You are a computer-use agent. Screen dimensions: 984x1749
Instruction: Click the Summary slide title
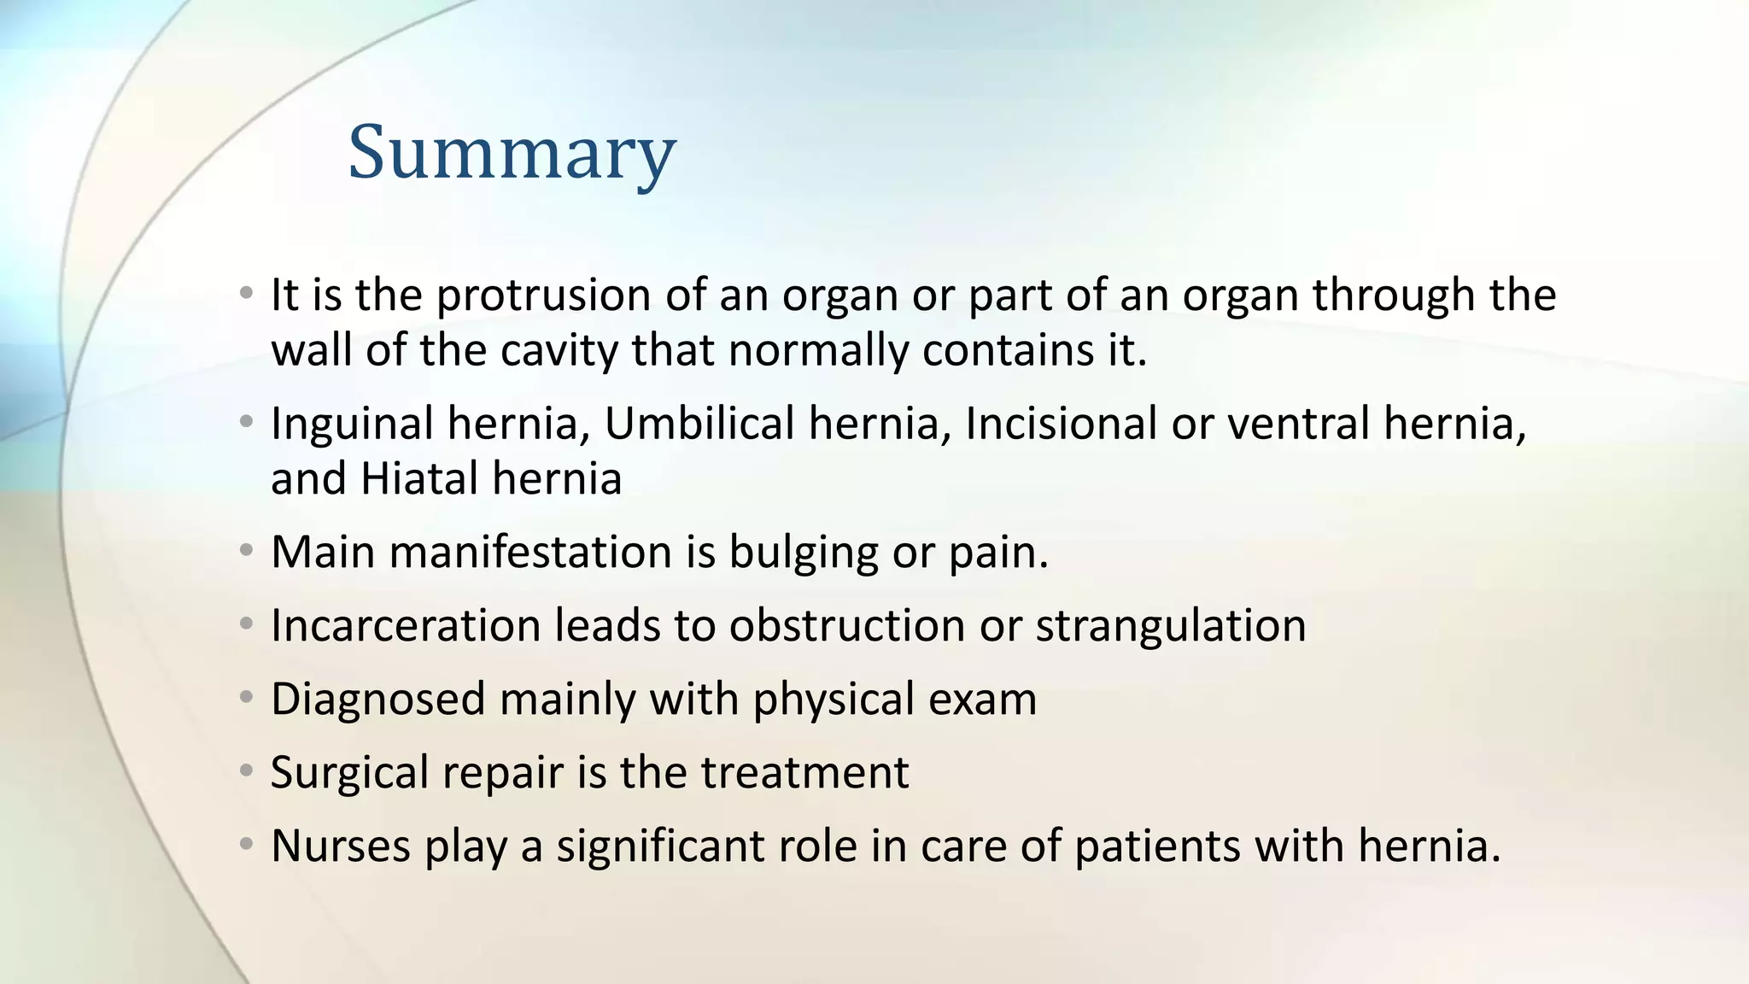(x=512, y=152)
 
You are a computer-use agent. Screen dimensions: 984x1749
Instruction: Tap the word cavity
(x=559, y=350)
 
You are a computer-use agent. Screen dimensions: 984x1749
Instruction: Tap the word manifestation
(x=530, y=552)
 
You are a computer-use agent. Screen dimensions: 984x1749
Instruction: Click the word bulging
(x=803, y=553)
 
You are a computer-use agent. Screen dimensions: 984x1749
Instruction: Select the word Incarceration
(x=406, y=625)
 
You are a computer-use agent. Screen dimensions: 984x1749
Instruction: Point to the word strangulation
(x=1171, y=626)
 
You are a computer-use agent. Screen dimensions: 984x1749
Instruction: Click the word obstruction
(x=846, y=625)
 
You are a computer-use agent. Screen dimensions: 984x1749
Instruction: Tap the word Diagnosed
(x=377, y=700)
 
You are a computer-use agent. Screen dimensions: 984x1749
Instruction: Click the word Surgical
(x=349, y=773)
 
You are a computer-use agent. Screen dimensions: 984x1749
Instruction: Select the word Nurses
(x=341, y=846)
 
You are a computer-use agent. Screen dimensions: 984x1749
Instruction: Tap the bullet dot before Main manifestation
(x=247, y=551)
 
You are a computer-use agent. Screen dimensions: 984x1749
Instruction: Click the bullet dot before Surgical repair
(x=247, y=771)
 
